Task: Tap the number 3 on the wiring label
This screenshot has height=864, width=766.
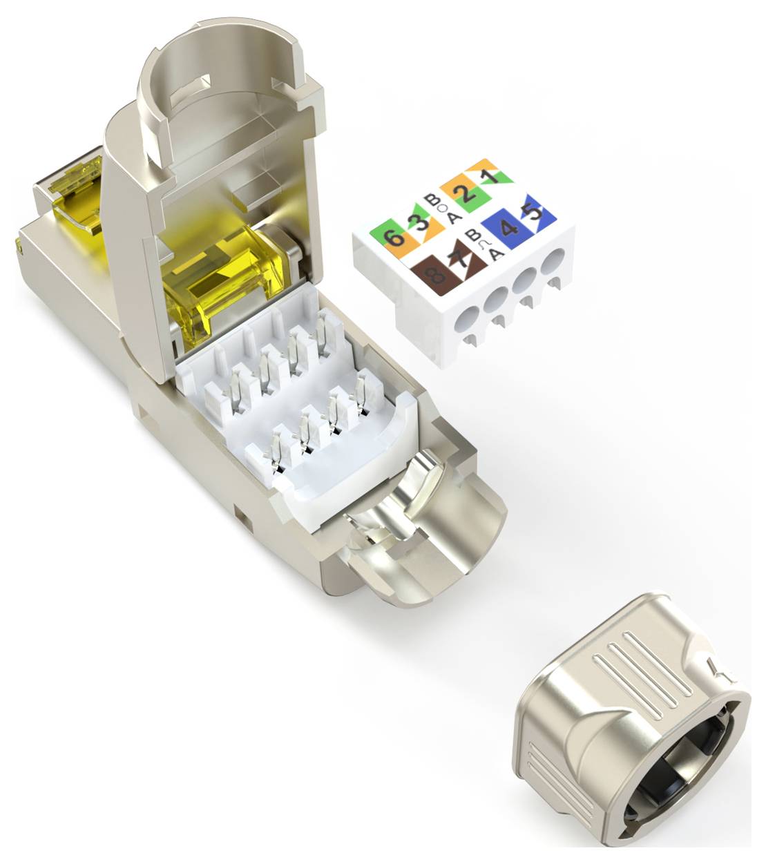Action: point(416,223)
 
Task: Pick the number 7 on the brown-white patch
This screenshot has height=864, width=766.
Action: point(457,262)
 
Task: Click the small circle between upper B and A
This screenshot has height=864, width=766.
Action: point(443,209)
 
